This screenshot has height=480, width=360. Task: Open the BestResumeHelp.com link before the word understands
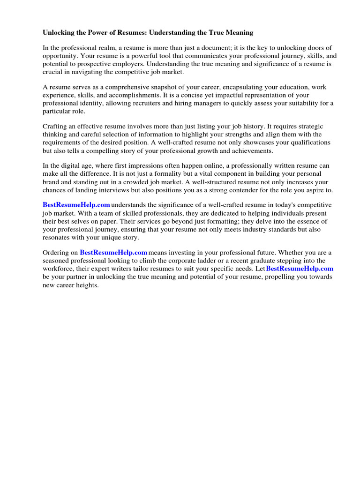pos(76,205)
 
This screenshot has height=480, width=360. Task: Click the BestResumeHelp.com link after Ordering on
pos(113,253)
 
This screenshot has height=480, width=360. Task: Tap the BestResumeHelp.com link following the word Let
pos(300,269)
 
